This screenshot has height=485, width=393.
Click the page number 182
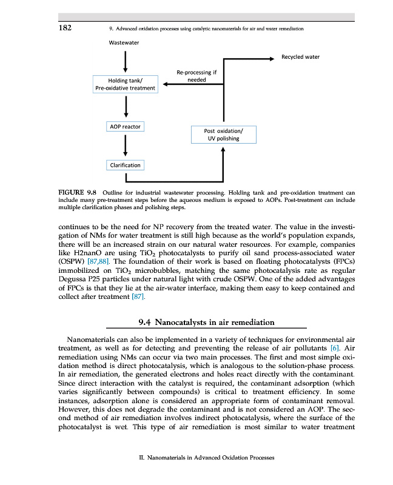tap(67, 28)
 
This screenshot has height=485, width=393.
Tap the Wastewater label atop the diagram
tap(124, 43)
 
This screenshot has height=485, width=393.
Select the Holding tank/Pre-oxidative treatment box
tap(125, 84)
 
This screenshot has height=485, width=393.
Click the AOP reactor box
tap(125, 127)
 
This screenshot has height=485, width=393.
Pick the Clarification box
tap(125, 165)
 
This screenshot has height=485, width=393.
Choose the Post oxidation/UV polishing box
tap(224, 134)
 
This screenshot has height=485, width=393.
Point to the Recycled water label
tap(300, 57)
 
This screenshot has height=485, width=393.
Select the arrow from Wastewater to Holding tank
tap(125, 61)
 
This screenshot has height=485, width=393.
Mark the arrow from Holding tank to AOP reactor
tap(125, 107)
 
